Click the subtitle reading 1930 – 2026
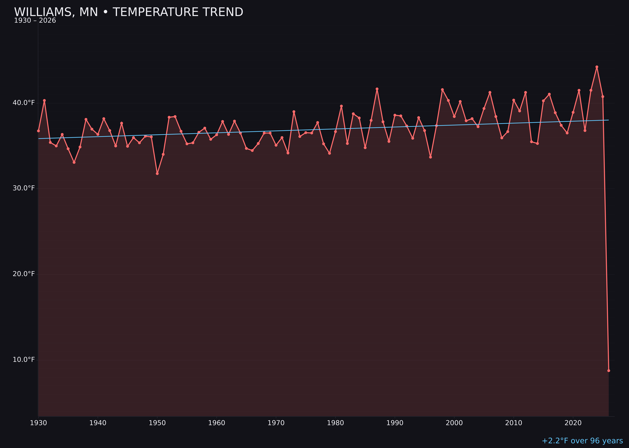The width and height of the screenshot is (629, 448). tap(35, 21)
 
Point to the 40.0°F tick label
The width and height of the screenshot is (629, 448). tap(24, 103)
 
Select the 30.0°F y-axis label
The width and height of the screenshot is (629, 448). tap(24, 188)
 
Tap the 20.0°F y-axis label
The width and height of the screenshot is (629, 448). tap(24, 274)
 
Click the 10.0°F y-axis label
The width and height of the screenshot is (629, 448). tap(24, 360)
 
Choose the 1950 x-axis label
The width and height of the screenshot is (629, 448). tap(157, 423)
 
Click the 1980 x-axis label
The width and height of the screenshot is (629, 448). tap(335, 423)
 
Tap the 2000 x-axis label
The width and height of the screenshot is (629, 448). tap(454, 423)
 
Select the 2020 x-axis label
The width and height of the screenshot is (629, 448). tap(573, 423)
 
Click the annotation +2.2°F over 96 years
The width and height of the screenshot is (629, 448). tap(582, 441)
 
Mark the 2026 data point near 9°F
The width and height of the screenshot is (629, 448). tap(609, 370)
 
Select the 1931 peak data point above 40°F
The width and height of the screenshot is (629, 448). tap(44, 100)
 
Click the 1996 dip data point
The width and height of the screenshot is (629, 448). tap(430, 157)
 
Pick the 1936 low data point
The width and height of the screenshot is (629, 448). tap(74, 162)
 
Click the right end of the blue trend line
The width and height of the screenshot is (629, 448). tap(608, 120)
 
